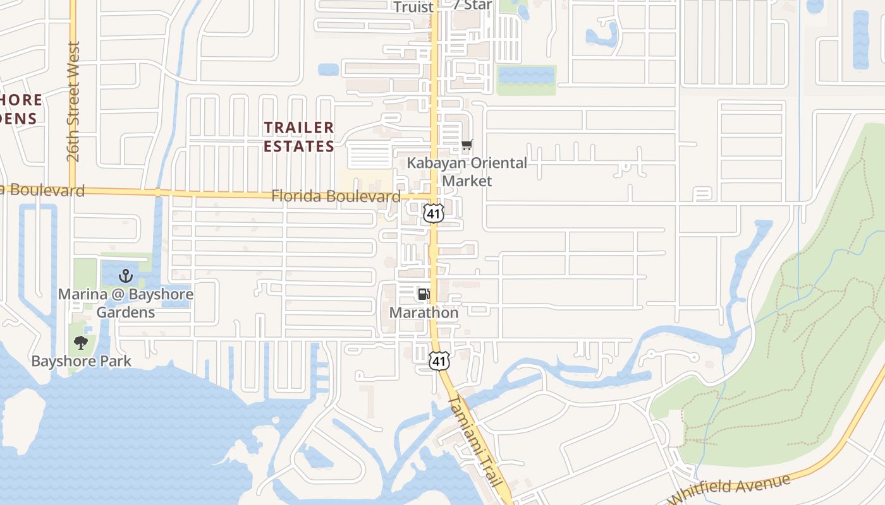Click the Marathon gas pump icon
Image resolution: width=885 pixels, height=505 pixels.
pyautogui.click(x=424, y=294)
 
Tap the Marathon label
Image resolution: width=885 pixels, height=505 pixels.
pyautogui.click(x=424, y=312)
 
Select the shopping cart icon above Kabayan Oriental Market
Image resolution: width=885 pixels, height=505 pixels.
pyautogui.click(x=467, y=146)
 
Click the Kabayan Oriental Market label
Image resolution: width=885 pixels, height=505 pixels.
pyautogui.click(x=467, y=172)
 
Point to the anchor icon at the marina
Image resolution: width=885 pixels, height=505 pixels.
pyautogui.click(x=126, y=276)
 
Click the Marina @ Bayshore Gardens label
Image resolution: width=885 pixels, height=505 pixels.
pyautogui.click(x=126, y=303)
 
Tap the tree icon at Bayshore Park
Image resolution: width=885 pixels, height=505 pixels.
pyautogui.click(x=80, y=343)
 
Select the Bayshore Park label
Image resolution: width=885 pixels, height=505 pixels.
pyautogui.click(x=82, y=361)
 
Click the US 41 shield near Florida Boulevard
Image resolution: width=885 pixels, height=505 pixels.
pyautogui.click(x=434, y=213)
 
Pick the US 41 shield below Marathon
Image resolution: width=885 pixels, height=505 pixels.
pyautogui.click(x=439, y=361)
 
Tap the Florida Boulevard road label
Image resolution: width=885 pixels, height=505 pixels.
pyautogui.click(x=336, y=196)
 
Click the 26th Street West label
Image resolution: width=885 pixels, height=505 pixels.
pyautogui.click(x=74, y=102)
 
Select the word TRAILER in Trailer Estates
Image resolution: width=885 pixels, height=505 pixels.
pyautogui.click(x=299, y=128)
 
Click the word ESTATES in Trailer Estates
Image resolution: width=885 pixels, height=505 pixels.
pyautogui.click(x=299, y=146)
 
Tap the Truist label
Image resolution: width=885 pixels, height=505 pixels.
pyautogui.click(x=413, y=7)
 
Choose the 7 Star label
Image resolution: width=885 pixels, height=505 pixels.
pyautogui.click(x=472, y=5)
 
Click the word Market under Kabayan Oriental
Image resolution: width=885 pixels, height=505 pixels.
pyautogui.click(x=467, y=181)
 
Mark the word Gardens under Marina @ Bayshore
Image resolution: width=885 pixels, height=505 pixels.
pyautogui.click(x=126, y=312)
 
